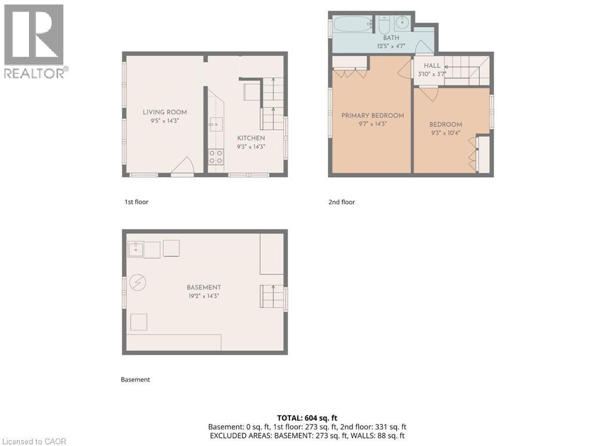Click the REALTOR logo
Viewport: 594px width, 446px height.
(x=34, y=41)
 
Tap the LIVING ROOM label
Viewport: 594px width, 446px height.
(x=165, y=112)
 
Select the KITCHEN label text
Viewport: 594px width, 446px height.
(x=251, y=138)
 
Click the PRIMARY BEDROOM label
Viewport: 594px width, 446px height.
(x=372, y=116)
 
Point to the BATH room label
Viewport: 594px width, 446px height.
(x=390, y=38)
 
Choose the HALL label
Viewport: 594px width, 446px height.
(x=432, y=66)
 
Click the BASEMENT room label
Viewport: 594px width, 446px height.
(x=204, y=287)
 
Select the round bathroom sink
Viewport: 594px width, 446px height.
(x=403, y=24)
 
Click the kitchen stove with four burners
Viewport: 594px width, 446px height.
(x=216, y=157)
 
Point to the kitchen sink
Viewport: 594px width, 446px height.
(x=216, y=124)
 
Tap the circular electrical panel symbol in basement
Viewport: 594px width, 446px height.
(x=138, y=283)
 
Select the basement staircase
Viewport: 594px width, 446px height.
(x=271, y=297)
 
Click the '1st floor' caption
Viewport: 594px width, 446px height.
(x=136, y=202)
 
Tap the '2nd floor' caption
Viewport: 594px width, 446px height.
(x=342, y=202)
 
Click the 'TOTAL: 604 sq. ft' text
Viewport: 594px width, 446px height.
(x=307, y=418)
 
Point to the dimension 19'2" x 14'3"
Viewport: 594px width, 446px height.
(x=204, y=296)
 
